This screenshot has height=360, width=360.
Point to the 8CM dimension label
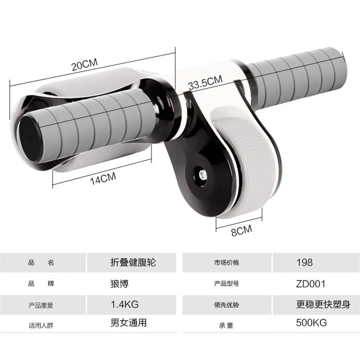pos(241,230)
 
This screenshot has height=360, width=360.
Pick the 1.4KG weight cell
pos(125,304)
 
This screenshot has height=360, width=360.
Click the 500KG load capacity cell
pos(311,323)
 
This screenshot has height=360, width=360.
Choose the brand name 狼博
pos(120,283)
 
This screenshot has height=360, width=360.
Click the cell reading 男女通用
pos(129,323)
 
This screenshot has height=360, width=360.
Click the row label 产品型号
pos(227,284)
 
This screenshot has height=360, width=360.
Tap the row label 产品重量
pos(41,305)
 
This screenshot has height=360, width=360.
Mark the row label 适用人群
pos(41,324)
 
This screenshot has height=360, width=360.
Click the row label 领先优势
pos(227,305)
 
